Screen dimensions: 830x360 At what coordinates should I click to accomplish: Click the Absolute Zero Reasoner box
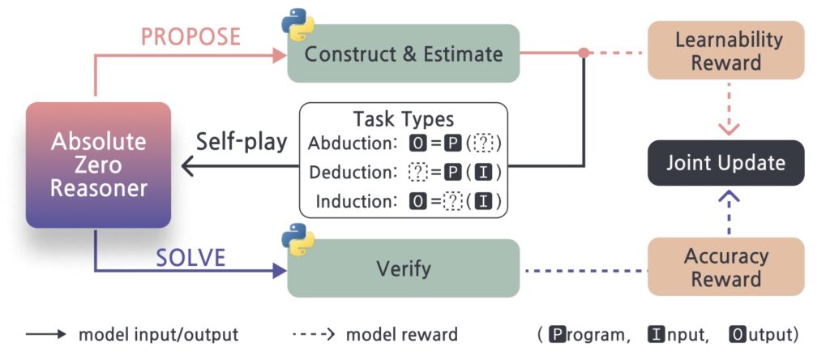pos(98,165)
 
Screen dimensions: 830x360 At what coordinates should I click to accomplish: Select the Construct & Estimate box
pos(404,54)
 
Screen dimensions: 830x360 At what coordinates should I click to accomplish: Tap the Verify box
pos(404,268)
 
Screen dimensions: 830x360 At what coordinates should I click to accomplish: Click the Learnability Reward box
pos(726,51)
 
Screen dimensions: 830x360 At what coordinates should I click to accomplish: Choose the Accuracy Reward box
pos(726,266)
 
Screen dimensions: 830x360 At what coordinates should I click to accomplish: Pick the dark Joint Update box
pos(726,163)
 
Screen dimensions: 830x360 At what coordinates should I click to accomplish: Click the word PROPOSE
pos(191,37)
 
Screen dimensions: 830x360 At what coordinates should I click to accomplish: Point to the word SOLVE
pos(191,258)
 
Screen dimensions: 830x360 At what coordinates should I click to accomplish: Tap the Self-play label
pos(242,142)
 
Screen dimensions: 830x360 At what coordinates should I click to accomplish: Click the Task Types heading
pos(404,119)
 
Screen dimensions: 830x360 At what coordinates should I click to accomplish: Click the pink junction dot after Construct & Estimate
pos(584,53)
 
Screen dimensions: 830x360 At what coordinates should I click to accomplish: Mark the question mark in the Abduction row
pos(484,144)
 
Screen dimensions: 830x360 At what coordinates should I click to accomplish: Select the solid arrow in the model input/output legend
pos(46,335)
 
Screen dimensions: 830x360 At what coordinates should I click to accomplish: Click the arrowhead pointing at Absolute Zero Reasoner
pos(187,166)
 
